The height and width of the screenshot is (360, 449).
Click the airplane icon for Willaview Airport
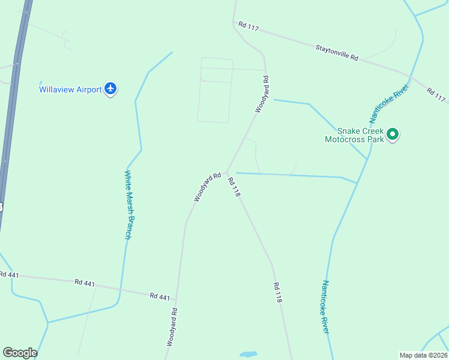pos(110,89)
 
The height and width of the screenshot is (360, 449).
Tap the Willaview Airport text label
pos(70,89)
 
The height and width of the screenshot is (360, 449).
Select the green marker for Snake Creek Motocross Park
pos(393,134)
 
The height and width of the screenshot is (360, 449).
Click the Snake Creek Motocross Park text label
pos(360,135)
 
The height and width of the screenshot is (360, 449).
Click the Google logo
pos(20,353)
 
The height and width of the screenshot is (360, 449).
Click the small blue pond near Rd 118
pos(248,354)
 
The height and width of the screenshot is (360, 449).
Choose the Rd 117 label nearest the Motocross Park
pos(436,94)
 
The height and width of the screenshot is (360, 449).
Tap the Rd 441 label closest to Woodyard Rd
pos(160,296)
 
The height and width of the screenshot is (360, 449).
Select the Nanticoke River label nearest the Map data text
pos(325,307)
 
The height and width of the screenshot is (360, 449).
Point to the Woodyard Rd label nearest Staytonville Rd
pos(261,94)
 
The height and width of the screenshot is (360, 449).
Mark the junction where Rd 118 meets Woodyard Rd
pos(226,172)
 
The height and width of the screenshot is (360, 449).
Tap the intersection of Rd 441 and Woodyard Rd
pos(176,298)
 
